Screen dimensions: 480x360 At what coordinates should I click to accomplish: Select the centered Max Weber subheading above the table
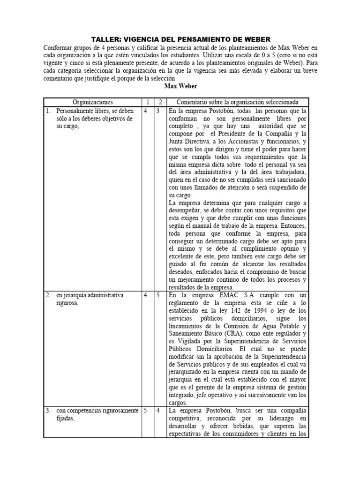180,86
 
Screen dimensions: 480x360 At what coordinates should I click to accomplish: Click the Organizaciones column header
93,102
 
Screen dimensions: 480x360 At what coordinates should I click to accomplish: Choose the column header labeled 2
159,102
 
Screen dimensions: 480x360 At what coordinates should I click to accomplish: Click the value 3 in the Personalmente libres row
159,112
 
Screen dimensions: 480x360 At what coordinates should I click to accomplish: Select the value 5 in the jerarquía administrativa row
159,295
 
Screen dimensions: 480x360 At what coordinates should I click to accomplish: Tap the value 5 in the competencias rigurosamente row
146,411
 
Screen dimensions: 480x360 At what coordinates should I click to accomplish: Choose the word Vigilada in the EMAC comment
188,340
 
